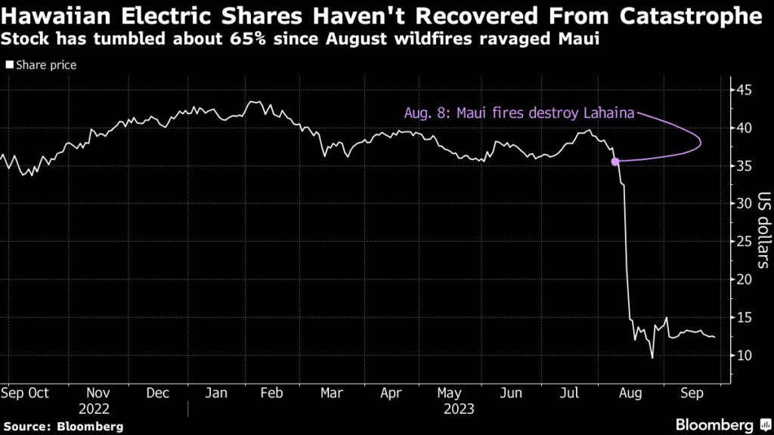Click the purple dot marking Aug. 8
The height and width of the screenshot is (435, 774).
[x=615, y=161]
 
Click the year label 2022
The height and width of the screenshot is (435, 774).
[x=99, y=409]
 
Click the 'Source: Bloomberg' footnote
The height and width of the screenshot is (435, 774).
[x=62, y=427]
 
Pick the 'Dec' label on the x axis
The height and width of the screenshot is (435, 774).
[x=158, y=393]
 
